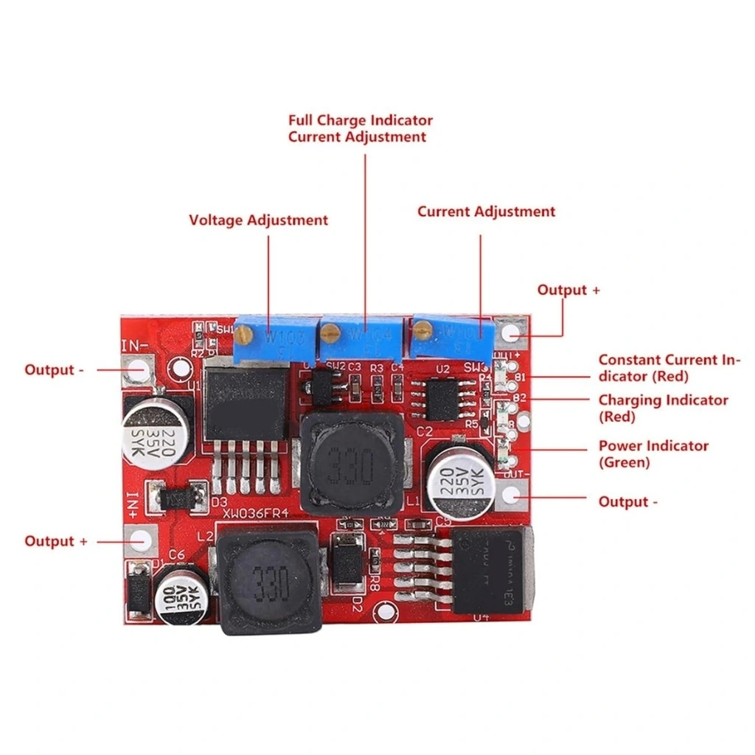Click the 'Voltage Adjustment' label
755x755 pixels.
[258, 220]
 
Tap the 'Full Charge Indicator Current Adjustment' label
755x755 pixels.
[360, 128]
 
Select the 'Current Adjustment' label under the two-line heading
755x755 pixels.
[486, 212]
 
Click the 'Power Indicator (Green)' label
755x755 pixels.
[653, 454]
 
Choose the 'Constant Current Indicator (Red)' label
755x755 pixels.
[668, 368]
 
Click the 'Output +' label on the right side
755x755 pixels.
[568, 290]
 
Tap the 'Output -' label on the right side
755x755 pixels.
[627, 502]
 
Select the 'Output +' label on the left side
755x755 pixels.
[56, 541]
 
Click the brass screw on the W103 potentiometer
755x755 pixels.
[245, 335]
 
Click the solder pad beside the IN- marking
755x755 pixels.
[139, 369]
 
